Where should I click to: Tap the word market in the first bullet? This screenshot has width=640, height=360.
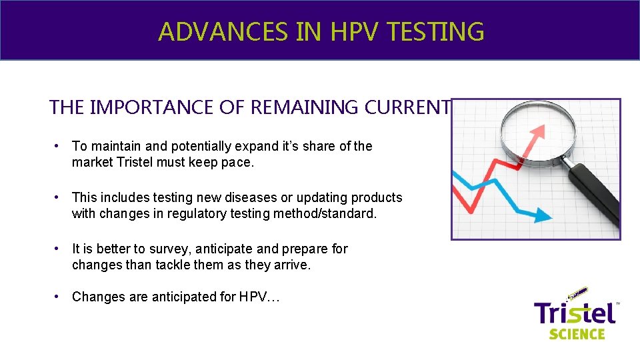click(91, 162)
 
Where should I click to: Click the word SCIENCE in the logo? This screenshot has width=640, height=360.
click(577, 333)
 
